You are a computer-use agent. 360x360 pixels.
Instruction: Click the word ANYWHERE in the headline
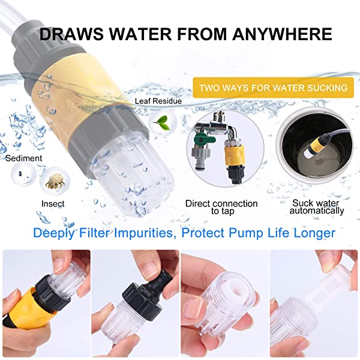pyautogui.click(x=282, y=34)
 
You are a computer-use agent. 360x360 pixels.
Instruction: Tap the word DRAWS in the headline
pyautogui.click(x=71, y=34)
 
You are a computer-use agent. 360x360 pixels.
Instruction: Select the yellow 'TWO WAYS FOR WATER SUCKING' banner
pyautogui.click(x=273, y=88)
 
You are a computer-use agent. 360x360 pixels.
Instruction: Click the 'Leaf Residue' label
pyautogui.click(x=158, y=101)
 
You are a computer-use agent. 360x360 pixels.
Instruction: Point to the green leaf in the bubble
pyautogui.click(x=162, y=122)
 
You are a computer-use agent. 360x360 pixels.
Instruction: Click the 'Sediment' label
pyautogui.click(x=24, y=158)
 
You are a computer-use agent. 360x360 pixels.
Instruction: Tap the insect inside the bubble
pyautogui.click(x=55, y=181)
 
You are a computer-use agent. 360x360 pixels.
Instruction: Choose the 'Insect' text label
pyautogui.click(x=53, y=203)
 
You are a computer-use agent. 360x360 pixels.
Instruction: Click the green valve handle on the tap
pyautogui.click(x=204, y=139)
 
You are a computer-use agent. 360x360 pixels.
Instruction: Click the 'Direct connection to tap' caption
pyautogui.click(x=221, y=207)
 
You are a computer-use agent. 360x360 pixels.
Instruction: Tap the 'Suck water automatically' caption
pyautogui.click(x=317, y=206)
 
